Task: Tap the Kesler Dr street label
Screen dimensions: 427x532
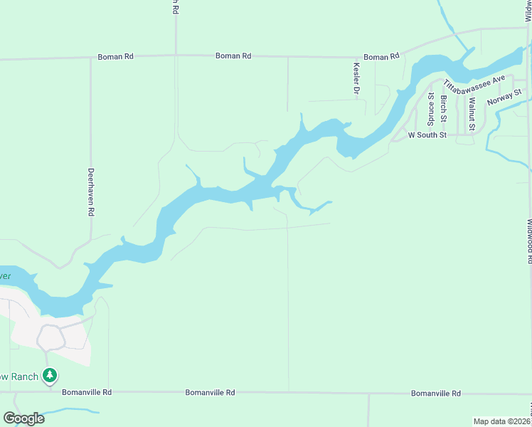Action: click(356, 79)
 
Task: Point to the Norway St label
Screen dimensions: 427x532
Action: click(504, 97)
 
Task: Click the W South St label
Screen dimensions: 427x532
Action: click(427, 135)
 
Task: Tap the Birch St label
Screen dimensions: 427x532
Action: click(443, 107)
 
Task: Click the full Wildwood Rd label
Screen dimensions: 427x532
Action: click(529, 241)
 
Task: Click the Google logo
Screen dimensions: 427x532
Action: click(24, 418)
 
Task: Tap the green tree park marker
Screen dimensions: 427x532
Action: click(50, 375)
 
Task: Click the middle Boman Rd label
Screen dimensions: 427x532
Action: click(233, 56)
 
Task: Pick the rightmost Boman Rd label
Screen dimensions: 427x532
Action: click(381, 57)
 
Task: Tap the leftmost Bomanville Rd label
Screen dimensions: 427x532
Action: click(87, 392)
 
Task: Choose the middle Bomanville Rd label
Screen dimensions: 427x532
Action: click(210, 392)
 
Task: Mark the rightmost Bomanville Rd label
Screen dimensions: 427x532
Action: click(435, 393)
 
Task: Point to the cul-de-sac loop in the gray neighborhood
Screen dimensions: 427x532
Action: click(50, 337)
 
